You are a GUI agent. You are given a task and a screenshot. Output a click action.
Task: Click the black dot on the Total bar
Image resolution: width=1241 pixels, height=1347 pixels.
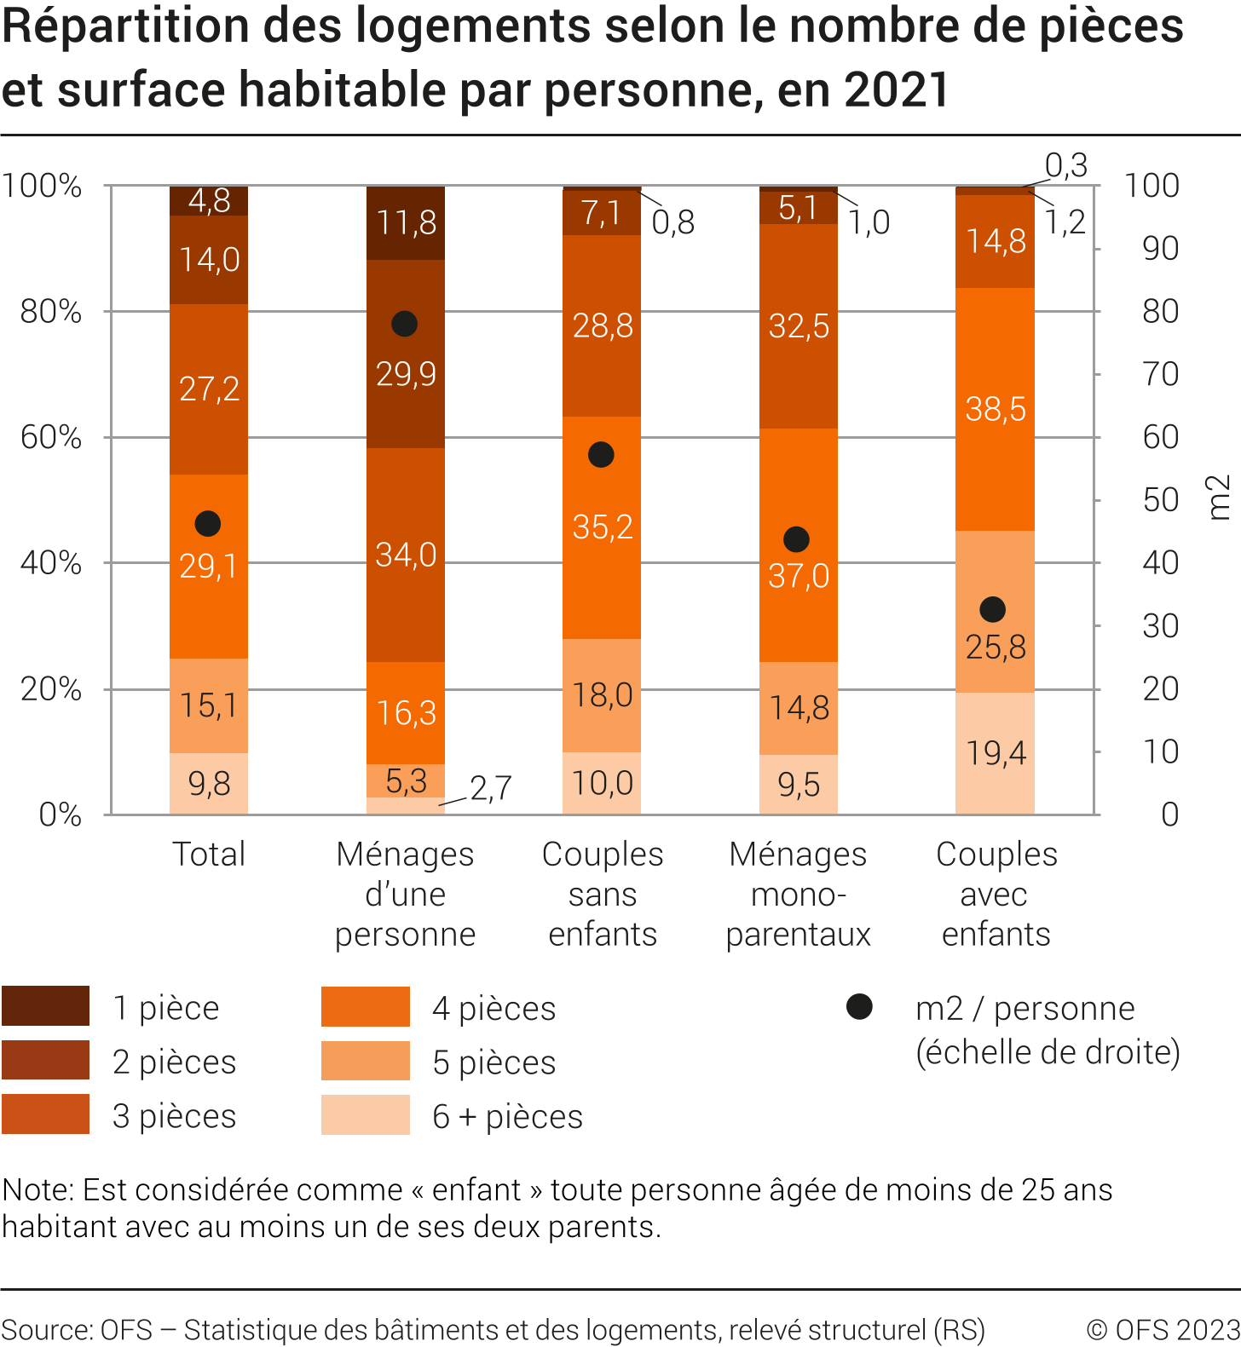point(208,524)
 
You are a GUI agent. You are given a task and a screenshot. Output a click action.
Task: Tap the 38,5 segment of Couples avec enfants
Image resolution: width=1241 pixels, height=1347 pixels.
point(995,410)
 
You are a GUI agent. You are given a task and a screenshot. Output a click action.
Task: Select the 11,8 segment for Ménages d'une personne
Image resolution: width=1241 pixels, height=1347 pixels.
point(406,223)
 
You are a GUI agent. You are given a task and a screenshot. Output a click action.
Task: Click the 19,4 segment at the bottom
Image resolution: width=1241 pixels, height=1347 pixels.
point(995,753)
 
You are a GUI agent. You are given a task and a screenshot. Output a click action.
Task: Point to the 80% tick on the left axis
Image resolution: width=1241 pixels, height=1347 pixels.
point(51,312)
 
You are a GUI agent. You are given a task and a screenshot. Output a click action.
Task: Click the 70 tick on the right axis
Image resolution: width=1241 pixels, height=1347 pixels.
point(1160,374)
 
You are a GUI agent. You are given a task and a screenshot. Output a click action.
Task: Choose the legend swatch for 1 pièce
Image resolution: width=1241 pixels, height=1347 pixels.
point(46,1006)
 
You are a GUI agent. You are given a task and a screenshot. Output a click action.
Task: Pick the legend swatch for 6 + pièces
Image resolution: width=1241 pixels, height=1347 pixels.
point(366,1114)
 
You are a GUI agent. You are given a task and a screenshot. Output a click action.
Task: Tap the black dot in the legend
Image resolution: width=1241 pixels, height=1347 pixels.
point(859,1007)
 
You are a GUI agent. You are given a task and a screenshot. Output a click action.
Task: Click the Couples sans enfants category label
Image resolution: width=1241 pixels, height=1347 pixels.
point(603,894)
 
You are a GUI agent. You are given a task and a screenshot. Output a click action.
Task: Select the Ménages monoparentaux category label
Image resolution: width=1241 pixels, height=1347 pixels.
point(798,894)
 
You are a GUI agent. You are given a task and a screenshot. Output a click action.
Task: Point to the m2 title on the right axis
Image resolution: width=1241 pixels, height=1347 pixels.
point(1220,498)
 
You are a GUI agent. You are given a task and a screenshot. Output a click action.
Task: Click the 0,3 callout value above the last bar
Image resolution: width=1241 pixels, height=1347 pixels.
point(1066,164)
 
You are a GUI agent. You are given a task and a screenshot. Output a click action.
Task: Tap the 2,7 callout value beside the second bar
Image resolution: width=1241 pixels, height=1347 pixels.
point(491,789)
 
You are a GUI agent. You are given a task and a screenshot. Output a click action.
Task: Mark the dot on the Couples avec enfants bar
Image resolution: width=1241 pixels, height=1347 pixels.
point(992,610)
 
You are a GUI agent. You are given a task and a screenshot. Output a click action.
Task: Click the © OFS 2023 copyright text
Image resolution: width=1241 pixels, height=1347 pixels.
point(1163,1329)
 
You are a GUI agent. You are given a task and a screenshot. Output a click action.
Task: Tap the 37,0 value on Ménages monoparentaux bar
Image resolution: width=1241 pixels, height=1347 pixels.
point(799,577)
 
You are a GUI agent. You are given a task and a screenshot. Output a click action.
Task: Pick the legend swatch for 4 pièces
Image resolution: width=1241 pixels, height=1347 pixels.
point(366,1006)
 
